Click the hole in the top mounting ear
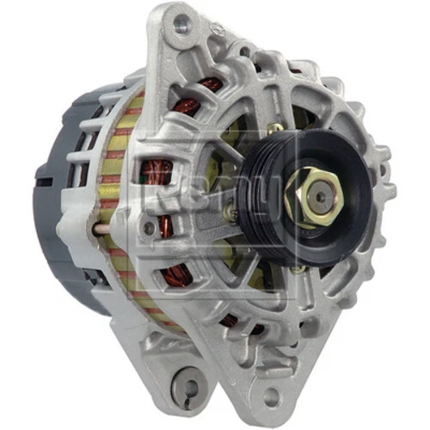pyautogui.click(x=181, y=24)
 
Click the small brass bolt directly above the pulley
pyautogui.click(x=274, y=130)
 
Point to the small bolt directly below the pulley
pyautogui.click(x=296, y=269)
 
